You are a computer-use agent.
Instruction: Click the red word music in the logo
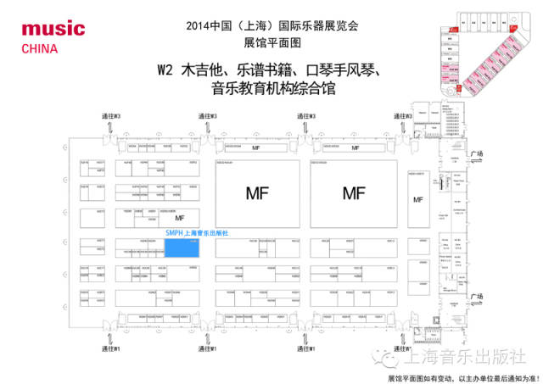(x=53, y=30)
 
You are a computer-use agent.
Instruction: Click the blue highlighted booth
(x=181, y=247)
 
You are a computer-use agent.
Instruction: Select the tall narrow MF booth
(x=417, y=199)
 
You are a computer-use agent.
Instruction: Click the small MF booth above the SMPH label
(x=179, y=217)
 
